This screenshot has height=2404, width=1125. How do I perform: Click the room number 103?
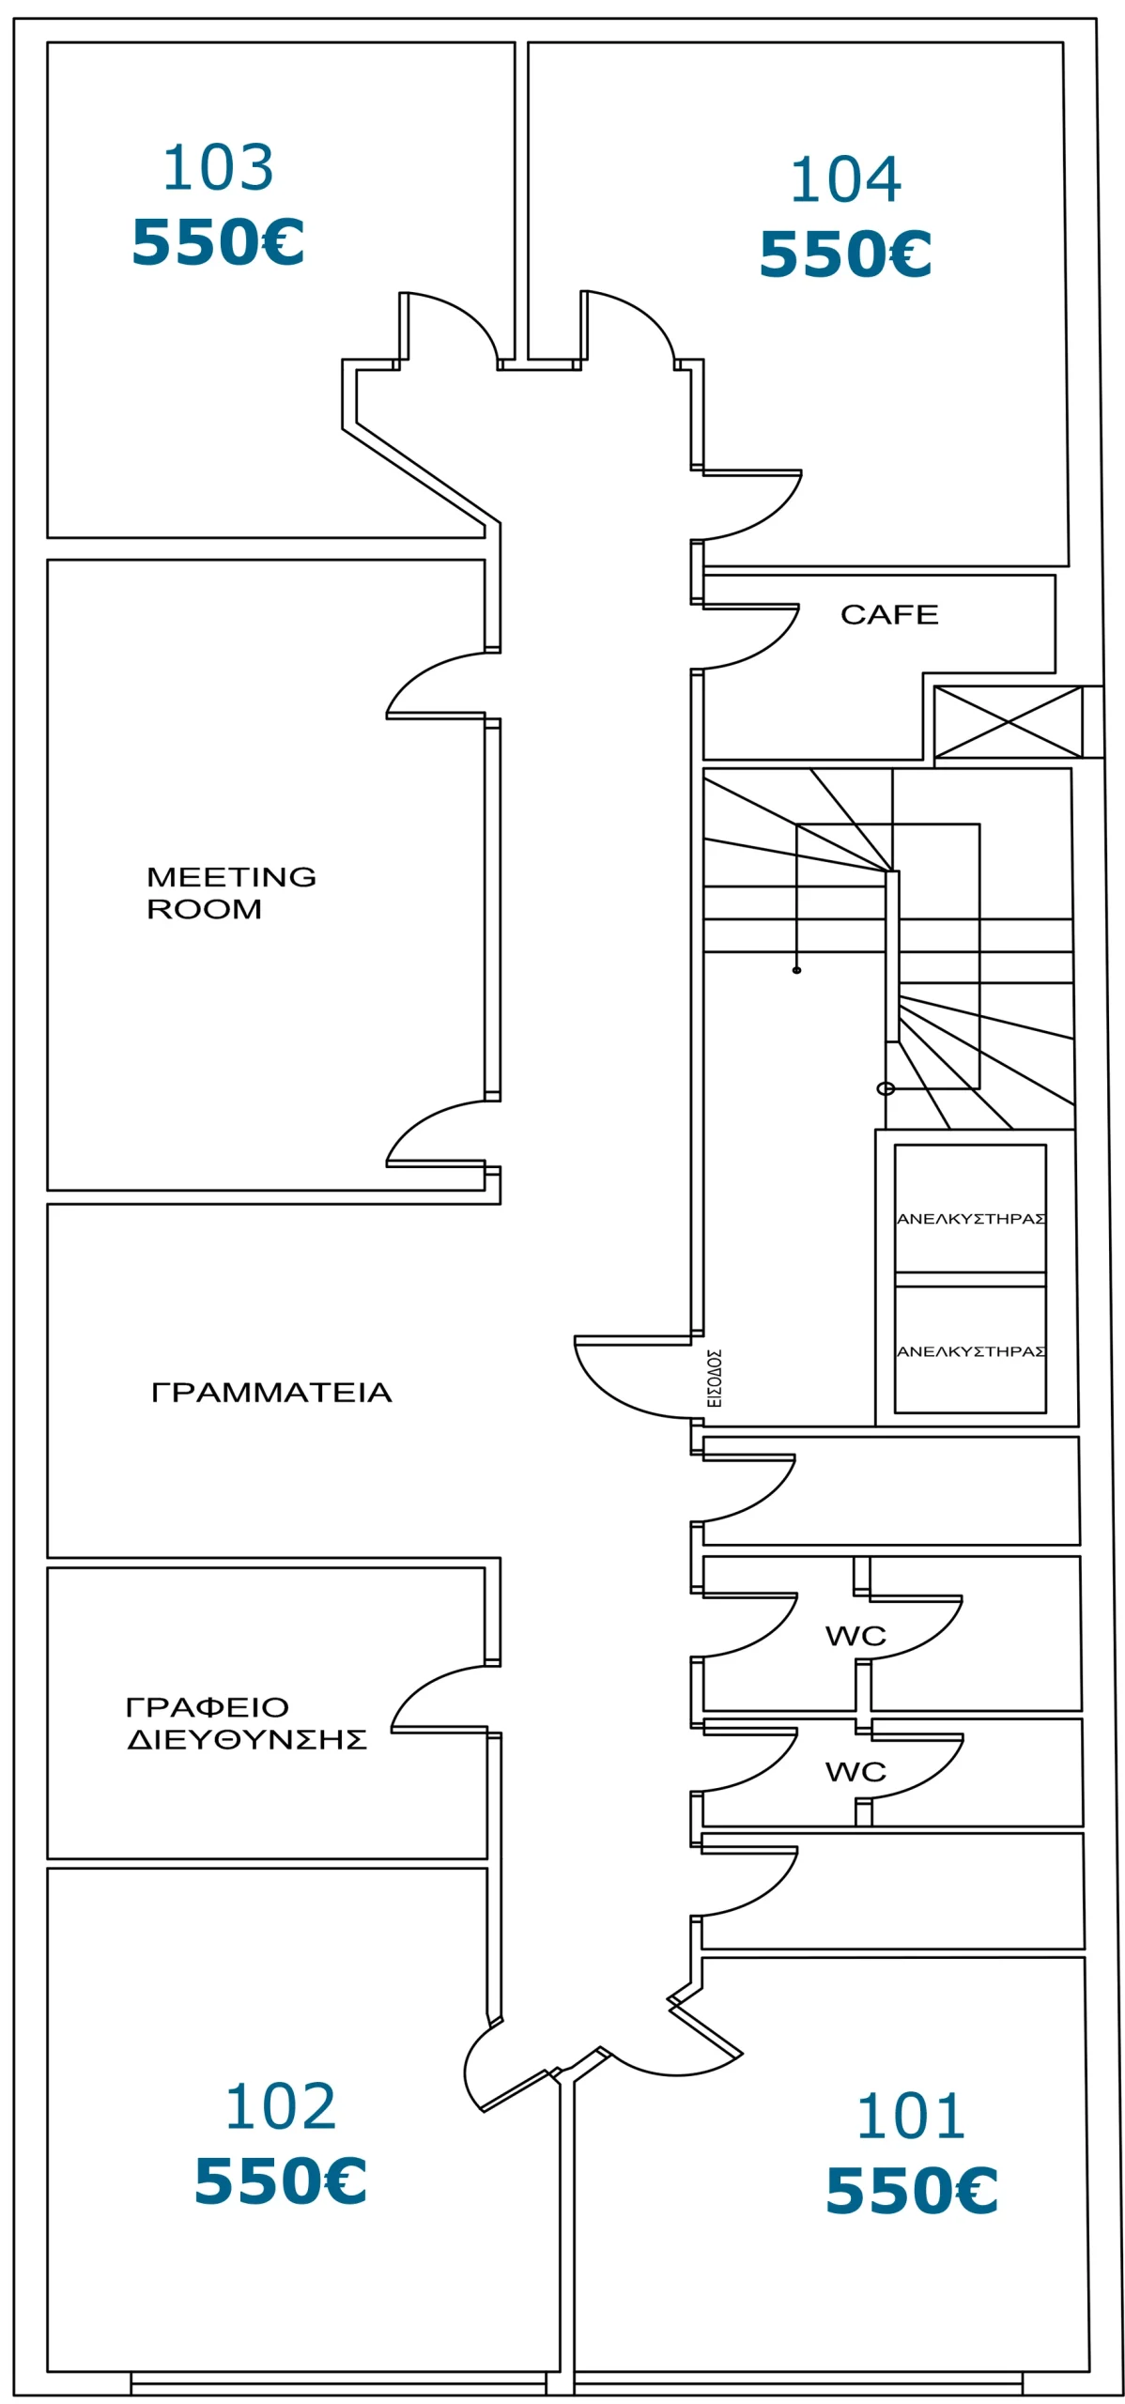pyautogui.click(x=218, y=168)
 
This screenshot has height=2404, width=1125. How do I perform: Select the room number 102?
pyautogui.click(x=280, y=2106)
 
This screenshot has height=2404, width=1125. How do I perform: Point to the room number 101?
pyautogui.click(x=910, y=2117)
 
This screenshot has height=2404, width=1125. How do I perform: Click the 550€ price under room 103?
pyautogui.click(x=218, y=242)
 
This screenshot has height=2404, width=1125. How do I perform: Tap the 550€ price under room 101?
pyautogui.click(x=911, y=2191)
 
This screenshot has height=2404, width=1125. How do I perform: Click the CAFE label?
pyautogui.click(x=888, y=615)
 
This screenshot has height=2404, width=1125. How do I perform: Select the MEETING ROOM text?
pyautogui.click(x=231, y=892)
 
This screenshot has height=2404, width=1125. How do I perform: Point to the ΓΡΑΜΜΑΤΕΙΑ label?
pyautogui.click(x=271, y=1392)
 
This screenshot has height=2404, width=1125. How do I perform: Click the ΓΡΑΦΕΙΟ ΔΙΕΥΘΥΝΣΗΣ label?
pyautogui.click(x=246, y=1723)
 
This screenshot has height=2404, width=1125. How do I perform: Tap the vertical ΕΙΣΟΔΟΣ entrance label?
pyautogui.click(x=715, y=1378)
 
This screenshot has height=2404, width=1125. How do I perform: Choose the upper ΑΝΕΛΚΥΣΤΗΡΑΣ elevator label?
pyautogui.click(x=970, y=1219)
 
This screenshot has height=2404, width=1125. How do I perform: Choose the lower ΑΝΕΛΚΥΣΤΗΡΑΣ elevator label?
pyautogui.click(x=970, y=1351)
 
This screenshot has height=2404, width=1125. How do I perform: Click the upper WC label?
pyautogui.click(x=855, y=1637)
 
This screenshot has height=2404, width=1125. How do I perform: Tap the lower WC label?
pyautogui.click(x=855, y=1772)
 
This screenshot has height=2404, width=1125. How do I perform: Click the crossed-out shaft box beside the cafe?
pyautogui.click(x=1008, y=721)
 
